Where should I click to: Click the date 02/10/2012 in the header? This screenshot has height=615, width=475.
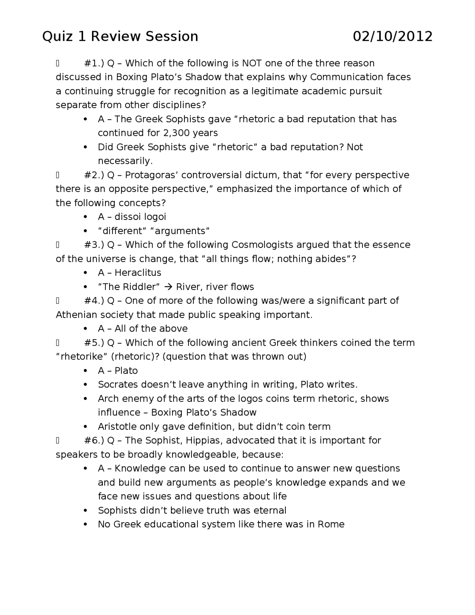coord(392,36)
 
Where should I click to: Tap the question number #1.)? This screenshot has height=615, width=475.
coord(94,63)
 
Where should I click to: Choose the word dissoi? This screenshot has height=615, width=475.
coord(128,217)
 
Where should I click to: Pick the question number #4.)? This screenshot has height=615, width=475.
coord(94,300)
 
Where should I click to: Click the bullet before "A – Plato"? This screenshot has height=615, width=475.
coord(86,371)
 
